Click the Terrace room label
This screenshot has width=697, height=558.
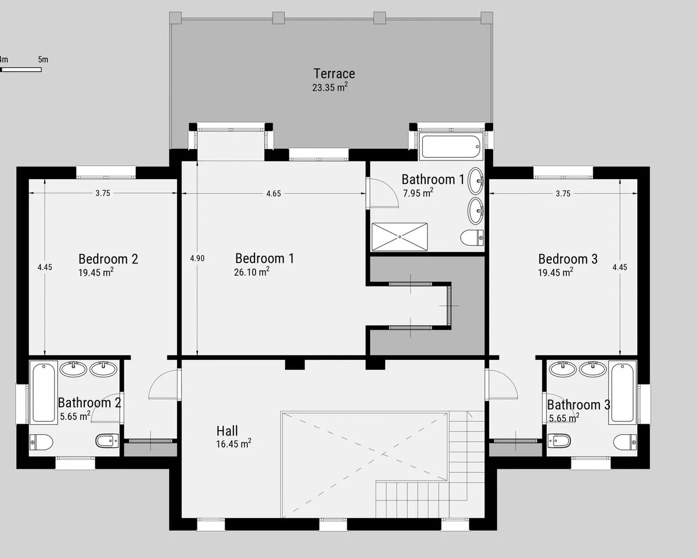pyautogui.click(x=334, y=74)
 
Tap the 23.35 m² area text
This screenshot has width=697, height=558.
pyautogui.click(x=330, y=87)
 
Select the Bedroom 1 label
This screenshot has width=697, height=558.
pyautogui.click(x=265, y=259)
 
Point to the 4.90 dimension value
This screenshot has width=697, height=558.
pyautogui.click(x=197, y=259)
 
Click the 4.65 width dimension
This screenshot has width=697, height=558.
pyautogui.click(x=274, y=194)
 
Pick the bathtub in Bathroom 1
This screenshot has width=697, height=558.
pyautogui.click(x=451, y=146)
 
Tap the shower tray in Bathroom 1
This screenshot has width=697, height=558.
pyautogui.click(x=400, y=237)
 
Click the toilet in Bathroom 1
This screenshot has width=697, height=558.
pyautogui.click(x=472, y=238)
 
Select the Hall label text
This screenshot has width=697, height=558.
pyautogui.click(x=227, y=431)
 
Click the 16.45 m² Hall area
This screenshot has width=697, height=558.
pyautogui.click(x=233, y=443)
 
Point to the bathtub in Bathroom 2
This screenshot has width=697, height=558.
pyautogui.click(x=44, y=392)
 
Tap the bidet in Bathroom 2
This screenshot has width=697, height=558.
pyautogui.click(x=107, y=441)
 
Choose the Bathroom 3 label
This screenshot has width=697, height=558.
pyautogui.click(x=579, y=405)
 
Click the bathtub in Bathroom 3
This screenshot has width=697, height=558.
pyautogui.click(x=623, y=392)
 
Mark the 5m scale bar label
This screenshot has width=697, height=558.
pyautogui.click(x=43, y=60)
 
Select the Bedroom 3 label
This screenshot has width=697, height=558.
pyautogui.click(x=568, y=259)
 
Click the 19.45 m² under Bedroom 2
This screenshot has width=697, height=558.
pyautogui.click(x=96, y=272)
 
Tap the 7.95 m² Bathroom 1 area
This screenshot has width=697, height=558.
pyautogui.click(x=418, y=193)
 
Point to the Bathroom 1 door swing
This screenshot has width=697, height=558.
pyautogui.click(x=383, y=192)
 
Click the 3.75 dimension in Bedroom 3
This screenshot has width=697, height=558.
pyautogui.click(x=563, y=194)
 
